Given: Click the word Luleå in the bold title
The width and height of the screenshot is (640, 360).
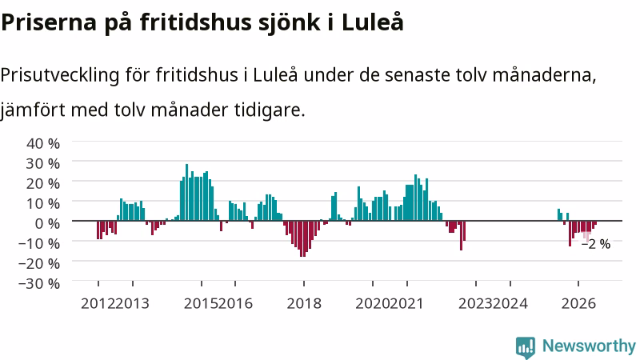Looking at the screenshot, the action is tap(373, 22).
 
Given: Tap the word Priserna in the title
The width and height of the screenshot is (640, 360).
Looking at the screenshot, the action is tap(49, 22).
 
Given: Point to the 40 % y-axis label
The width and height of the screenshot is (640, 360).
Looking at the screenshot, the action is tap(43, 143).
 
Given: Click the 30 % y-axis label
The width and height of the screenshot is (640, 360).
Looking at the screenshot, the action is tap(43, 163).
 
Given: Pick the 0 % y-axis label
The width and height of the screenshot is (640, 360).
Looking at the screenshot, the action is tap(47, 223).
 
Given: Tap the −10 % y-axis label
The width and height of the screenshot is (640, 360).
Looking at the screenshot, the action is tap(39, 243).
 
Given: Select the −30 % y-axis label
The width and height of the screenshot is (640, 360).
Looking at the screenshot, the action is tap(39, 283).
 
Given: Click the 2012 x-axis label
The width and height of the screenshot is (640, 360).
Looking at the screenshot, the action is tap(98, 304).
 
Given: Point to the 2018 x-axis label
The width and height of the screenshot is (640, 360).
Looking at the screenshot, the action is tap(304, 304).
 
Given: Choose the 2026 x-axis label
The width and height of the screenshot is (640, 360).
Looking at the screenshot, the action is tap(578, 304).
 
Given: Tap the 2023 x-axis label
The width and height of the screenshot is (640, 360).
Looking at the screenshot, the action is tap(475, 304).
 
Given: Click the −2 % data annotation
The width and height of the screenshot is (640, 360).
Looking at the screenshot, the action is tap(596, 244).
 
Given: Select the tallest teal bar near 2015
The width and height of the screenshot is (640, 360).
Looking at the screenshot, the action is tap(186, 192).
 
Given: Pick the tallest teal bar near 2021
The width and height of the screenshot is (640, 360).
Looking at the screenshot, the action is tap(415, 198).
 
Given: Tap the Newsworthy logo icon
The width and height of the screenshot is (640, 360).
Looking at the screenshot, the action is tap(526, 347).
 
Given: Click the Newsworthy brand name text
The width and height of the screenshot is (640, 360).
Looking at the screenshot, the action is tap(589, 346).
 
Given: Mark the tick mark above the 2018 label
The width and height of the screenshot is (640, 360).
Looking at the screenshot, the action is tap(304, 283).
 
